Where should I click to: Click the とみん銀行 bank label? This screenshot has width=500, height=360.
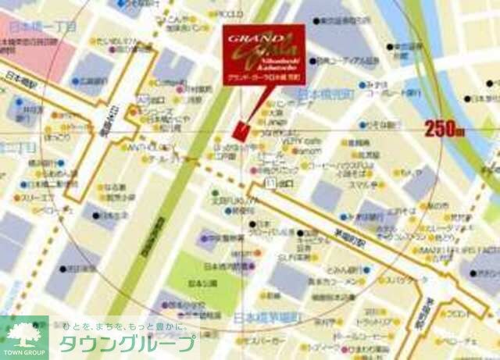[x=320, y=266]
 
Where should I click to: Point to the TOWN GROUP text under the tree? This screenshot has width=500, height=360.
[x=22, y=354]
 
